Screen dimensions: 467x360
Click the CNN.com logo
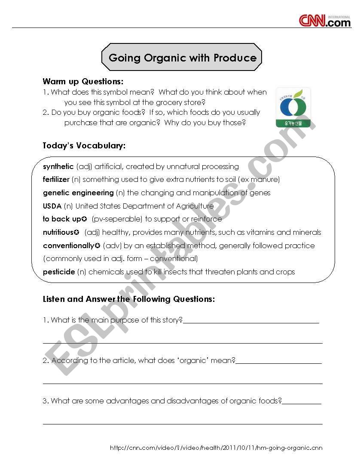click(x=325, y=20)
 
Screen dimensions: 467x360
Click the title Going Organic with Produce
click(x=182, y=58)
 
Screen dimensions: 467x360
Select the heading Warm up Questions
click(x=83, y=81)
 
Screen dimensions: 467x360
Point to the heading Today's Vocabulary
click(x=84, y=146)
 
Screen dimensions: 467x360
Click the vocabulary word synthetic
click(x=58, y=166)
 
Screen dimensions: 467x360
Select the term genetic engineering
click(x=78, y=193)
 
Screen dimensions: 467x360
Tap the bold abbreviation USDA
click(x=52, y=206)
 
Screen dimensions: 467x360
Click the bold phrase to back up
click(x=62, y=219)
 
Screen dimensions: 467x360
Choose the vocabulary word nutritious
click(x=58, y=232)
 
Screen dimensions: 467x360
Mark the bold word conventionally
click(x=68, y=246)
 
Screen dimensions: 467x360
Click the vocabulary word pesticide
click(x=59, y=272)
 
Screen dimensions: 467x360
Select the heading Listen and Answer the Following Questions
click(x=129, y=299)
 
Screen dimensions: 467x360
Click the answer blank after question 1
click(x=251, y=321)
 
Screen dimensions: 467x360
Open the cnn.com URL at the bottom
click(x=216, y=448)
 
